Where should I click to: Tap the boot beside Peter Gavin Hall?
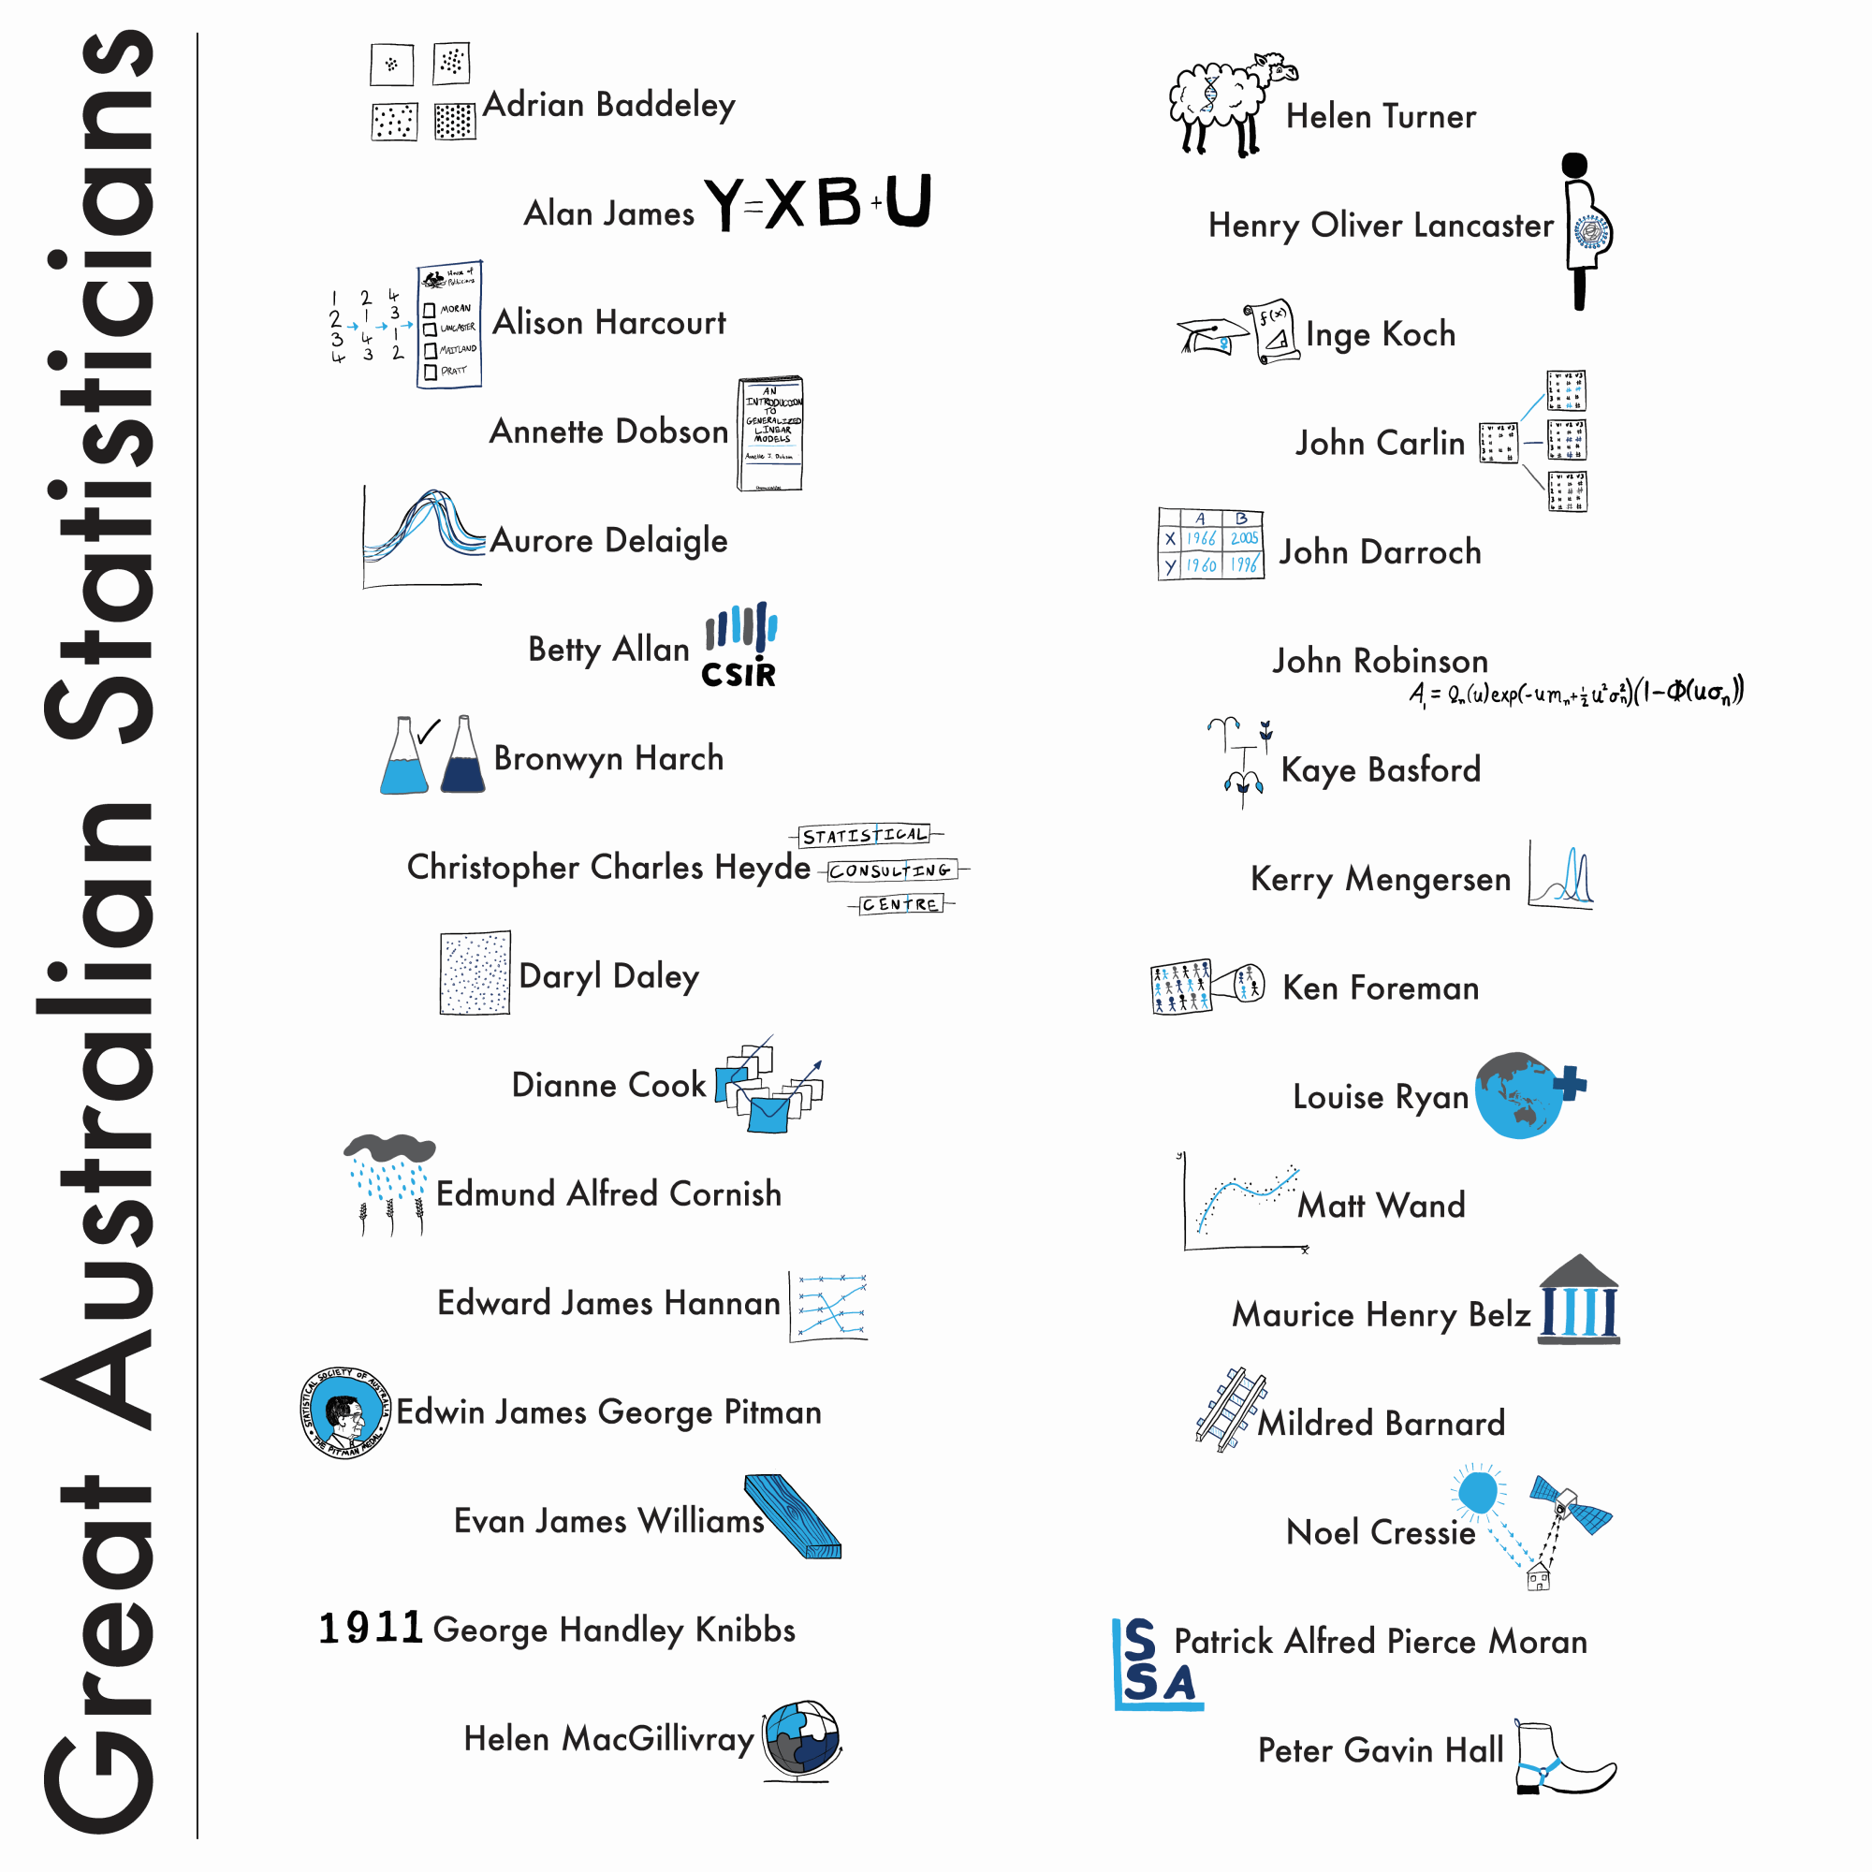(1560, 1759)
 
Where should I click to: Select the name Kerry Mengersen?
(1380, 879)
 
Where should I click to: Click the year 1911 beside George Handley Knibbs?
(370, 1628)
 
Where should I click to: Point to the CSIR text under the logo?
(739, 674)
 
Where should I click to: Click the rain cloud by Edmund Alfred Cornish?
(389, 1149)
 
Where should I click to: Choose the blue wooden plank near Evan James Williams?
(793, 1515)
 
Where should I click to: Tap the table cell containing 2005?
(1243, 538)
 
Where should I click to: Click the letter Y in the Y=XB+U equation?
(724, 203)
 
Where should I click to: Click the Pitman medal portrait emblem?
(346, 1413)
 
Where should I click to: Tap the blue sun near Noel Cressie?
(1478, 1492)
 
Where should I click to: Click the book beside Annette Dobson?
(770, 433)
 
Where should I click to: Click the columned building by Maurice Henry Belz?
(1579, 1300)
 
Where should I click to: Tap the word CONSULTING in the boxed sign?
(889, 870)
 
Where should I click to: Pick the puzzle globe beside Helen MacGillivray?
(801, 1739)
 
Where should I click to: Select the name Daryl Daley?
(608, 975)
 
